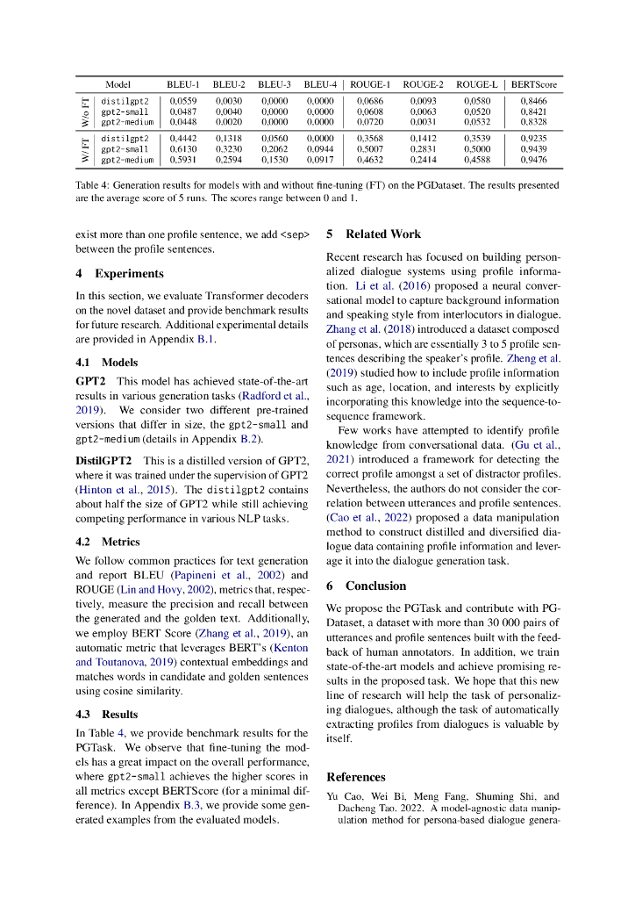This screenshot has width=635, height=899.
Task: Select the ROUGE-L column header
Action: pyautogui.click(x=477, y=84)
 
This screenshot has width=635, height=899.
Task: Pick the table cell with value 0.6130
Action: pyautogui.click(x=182, y=149)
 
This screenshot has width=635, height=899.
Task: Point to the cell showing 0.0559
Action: pyautogui.click(x=182, y=102)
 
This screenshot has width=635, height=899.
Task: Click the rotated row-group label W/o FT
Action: pyautogui.click(x=85, y=112)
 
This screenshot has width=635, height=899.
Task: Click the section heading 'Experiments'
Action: pyautogui.click(x=129, y=273)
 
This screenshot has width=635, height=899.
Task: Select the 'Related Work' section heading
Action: pyautogui.click(x=382, y=234)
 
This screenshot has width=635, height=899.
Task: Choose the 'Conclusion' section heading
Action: pyautogui.click(x=375, y=586)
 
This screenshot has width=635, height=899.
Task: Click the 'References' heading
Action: pyautogui.click(x=355, y=777)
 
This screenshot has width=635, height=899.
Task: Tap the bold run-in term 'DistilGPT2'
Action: pyautogui.click(x=103, y=460)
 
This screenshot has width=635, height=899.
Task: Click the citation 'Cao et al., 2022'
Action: pyautogui.click(x=367, y=518)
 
